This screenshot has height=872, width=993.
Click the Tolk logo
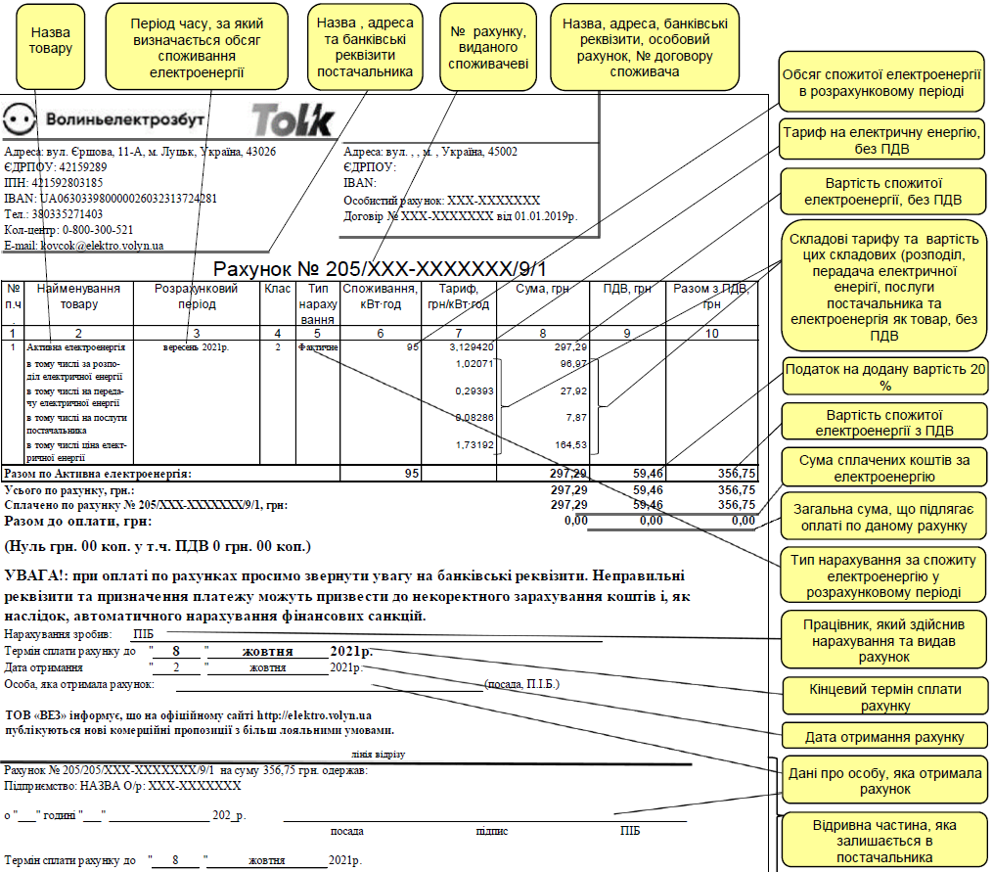[293, 119]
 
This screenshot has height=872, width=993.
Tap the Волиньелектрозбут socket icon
[21, 120]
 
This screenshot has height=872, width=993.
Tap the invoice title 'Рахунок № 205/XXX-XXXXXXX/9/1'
[380, 268]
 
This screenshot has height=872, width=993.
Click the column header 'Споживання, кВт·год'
[381, 297]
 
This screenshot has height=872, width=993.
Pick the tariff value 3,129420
[471, 347]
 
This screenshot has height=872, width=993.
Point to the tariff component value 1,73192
[474, 445]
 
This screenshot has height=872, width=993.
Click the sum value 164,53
[570, 445]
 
